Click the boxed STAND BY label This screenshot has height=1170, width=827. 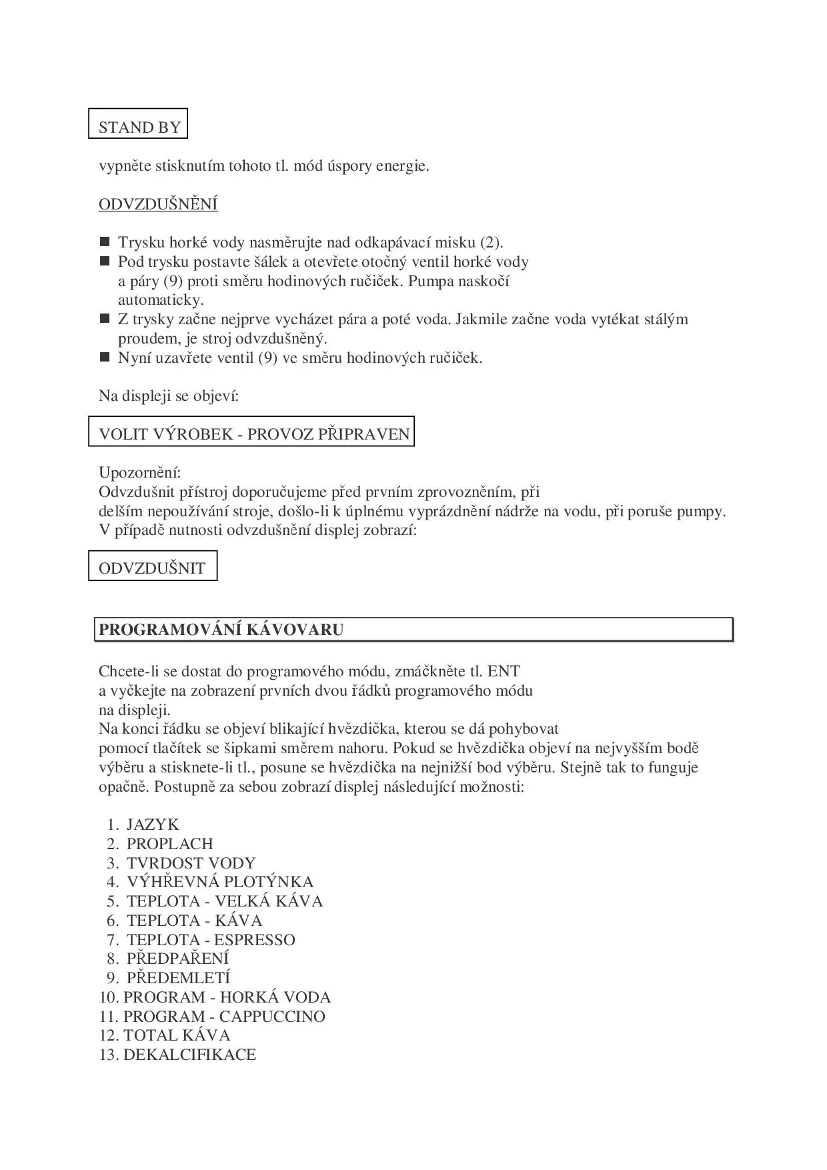coord(139,127)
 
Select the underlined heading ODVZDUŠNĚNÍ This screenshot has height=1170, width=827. coord(158,204)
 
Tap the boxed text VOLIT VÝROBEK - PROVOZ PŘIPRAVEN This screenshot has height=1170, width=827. coord(253,434)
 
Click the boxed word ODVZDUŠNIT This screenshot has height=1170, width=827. coord(152,568)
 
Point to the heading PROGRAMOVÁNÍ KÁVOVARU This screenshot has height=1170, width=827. coord(221,630)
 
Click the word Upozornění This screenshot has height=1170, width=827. coord(139,473)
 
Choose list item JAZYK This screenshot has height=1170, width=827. coord(153,824)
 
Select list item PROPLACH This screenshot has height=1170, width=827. coord(169,844)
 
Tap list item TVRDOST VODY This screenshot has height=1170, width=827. coord(191,863)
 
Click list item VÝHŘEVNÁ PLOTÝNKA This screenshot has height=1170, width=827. coord(219,882)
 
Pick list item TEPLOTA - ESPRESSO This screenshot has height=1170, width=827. coord(211,940)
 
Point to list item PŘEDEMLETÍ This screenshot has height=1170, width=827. coord(178,978)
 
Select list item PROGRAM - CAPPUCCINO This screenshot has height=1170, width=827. coord(224,1017)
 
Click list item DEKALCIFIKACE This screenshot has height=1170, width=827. coord(189,1055)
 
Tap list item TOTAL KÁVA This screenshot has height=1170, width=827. coord(177,1035)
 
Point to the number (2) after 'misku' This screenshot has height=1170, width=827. coord(492,242)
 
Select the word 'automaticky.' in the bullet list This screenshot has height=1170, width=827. coord(161,300)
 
